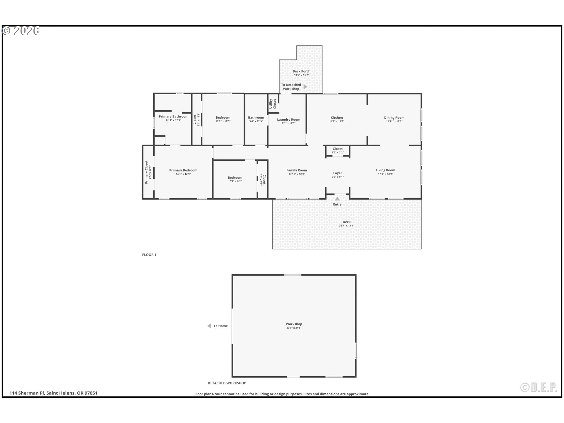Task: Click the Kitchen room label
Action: pyautogui.click(x=337, y=117)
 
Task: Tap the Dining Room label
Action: pyautogui.click(x=394, y=117)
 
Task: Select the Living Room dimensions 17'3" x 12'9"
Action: pyautogui.click(x=385, y=174)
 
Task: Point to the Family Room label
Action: pyautogui.click(x=297, y=170)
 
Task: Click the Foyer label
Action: pyautogui.click(x=338, y=173)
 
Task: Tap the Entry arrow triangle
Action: pyautogui.click(x=338, y=199)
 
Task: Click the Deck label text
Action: pyautogui.click(x=347, y=222)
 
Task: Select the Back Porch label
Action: pyautogui.click(x=301, y=71)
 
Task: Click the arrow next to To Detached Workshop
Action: pyautogui.click(x=305, y=87)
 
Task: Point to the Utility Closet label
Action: pyautogui.click(x=273, y=104)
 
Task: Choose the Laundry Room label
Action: pyautogui.click(x=288, y=120)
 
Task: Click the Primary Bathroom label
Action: pyautogui.click(x=174, y=116)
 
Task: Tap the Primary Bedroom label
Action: pyautogui.click(x=183, y=170)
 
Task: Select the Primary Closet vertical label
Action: pyautogui.click(x=146, y=172)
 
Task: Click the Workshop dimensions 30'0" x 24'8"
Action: pyautogui.click(x=294, y=328)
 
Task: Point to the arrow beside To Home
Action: pyautogui.click(x=209, y=326)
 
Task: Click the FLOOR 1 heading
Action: pyautogui.click(x=149, y=255)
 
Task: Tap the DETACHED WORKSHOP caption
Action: pyautogui.click(x=227, y=383)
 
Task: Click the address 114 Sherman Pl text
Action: pyautogui.click(x=27, y=393)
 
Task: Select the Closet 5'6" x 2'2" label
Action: pyautogui.click(x=338, y=150)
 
